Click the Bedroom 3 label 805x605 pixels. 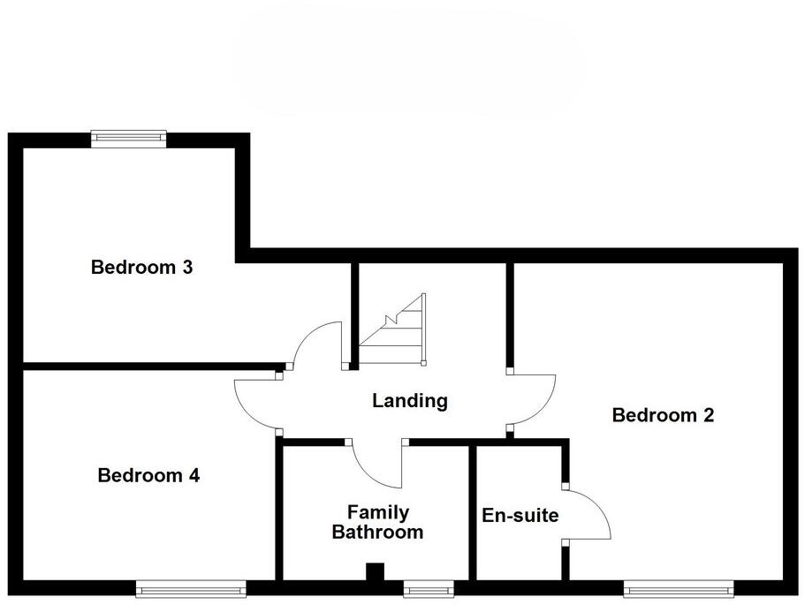click(x=141, y=267)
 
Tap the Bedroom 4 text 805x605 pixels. click(x=148, y=476)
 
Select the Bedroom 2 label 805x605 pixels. click(x=663, y=415)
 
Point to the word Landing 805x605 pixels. click(x=410, y=401)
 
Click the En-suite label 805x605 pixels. click(x=520, y=515)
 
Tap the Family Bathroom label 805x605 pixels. click(x=377, y=523)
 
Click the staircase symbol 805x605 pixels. click(x=394, y=330)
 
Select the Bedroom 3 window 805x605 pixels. click(x=129, y=137)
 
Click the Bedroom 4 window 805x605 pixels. click(x=191, y=586)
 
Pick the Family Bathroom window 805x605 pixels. click(x=429, y=586)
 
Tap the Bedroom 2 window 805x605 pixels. click(x=678, y=586)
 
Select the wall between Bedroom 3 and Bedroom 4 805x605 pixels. click(x=150, y=366)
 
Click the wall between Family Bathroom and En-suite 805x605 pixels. click(x=472, y=512)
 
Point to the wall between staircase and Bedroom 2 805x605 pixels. click(x=511, y=314)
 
